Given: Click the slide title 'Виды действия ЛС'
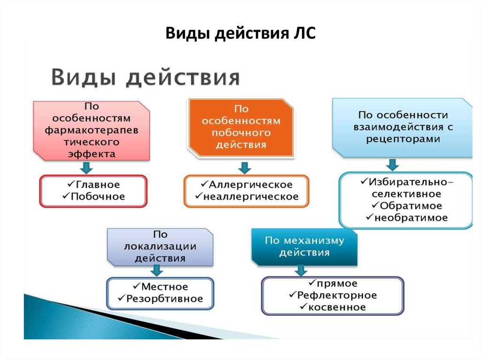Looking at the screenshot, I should tap(240, 35).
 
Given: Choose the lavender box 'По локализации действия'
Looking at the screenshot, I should tap(160, 246).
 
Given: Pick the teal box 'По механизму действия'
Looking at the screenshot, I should tap(304, 246).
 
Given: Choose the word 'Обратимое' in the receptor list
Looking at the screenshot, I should tap(411, 206).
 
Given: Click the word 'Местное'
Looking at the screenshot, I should tap(164, 286).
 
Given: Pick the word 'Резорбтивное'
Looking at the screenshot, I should tap(164, 299).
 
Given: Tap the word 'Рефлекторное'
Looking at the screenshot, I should tap(336, 295).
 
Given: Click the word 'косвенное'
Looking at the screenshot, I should tap(336, 307).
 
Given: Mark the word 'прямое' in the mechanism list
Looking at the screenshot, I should tap(336, 283).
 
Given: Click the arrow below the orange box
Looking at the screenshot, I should tap(244, 167).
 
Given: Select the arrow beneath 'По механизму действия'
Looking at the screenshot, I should tap(301, 270).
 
